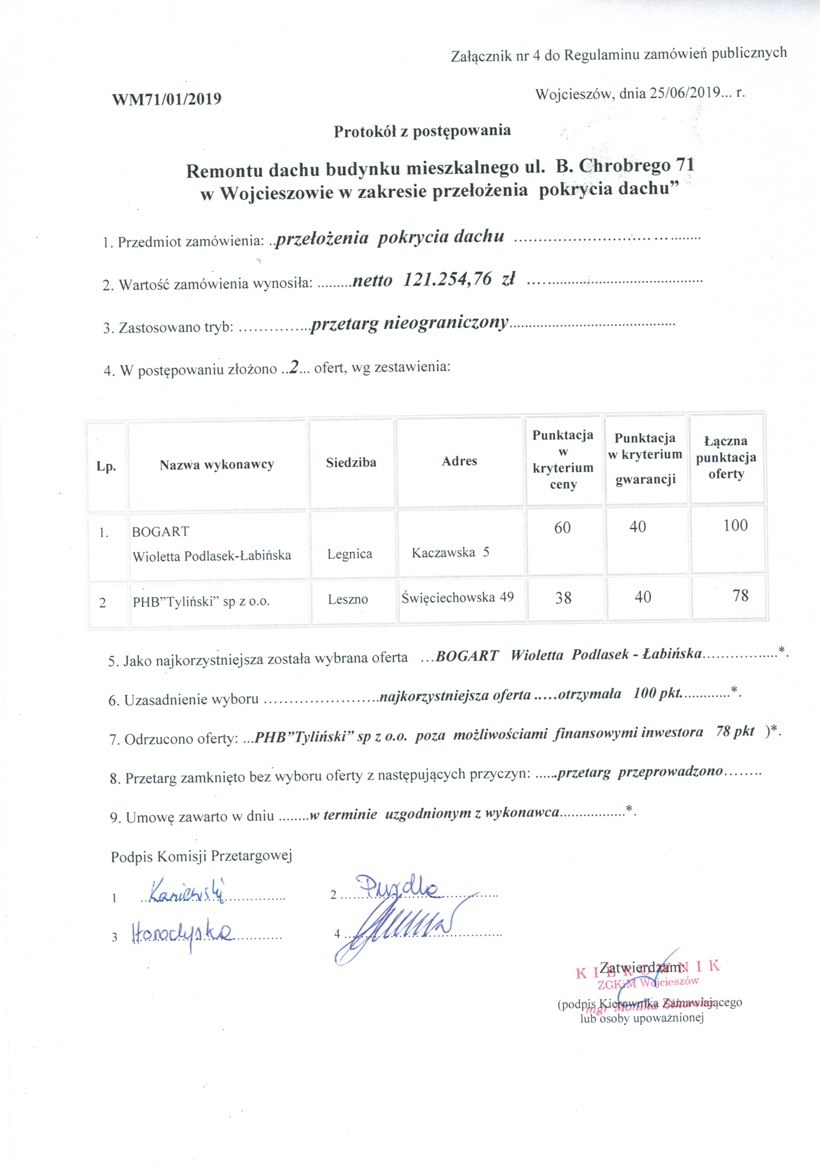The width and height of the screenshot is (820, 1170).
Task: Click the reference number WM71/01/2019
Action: (x=167, y=99)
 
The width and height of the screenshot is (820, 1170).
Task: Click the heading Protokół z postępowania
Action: (x=422, y=131)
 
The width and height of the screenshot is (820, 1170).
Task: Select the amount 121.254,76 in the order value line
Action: (x=447, y=279)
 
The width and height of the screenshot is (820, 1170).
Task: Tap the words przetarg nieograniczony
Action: (x=409, y=323)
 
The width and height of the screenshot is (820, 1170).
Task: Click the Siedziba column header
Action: (x=351, y=462)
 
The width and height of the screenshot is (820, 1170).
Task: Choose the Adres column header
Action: (x=459, y=461)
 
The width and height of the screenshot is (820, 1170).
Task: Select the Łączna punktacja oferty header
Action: (x=726, y=457)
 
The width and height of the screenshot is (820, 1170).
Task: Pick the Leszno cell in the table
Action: (x=348, y=599)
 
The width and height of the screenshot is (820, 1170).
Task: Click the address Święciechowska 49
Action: (x=457, y=597)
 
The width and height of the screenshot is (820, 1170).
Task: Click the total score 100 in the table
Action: (x=735, y=525)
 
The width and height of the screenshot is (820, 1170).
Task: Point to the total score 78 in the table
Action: (x=740, y=595)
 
